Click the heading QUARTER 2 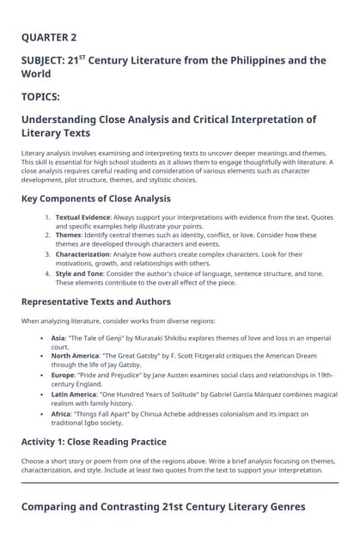tap(49, 38)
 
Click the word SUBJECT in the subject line tap(48, 61)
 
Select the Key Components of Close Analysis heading tap(95, 199)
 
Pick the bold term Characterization tap(83, 254)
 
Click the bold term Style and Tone tap(80, 273)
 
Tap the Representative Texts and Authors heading tap(95, 302)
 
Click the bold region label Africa tap(61, 412)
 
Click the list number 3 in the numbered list tap(48, 254)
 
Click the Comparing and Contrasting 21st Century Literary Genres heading tap(163, 507)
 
